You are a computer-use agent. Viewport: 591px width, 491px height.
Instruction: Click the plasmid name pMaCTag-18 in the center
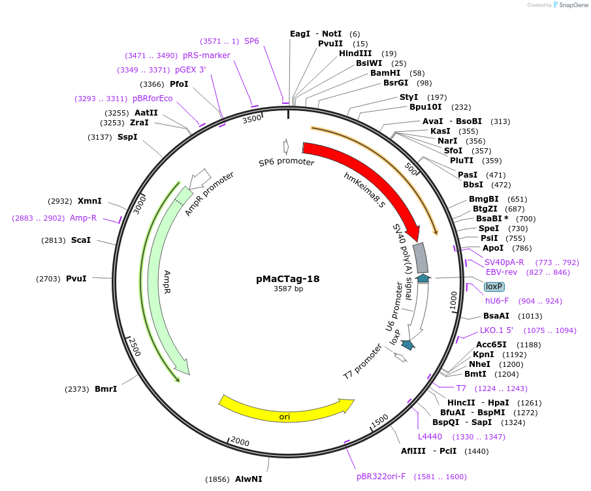click(x=288, y=278)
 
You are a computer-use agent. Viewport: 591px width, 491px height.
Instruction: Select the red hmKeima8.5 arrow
click(x=366, y=180)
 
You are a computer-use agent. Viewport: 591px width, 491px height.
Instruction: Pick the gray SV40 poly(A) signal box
click(x=422, y=258)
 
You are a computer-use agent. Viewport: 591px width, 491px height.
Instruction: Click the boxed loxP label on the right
click(x=494, y=287)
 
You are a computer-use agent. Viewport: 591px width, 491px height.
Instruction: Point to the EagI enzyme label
click(x=300, y=33)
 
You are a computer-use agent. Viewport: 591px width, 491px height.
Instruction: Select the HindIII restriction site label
click(x=355, y=54)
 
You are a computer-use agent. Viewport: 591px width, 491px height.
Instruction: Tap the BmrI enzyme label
click(x=106, y=389)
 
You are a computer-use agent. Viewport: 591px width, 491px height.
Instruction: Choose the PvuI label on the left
click(x=76, y=279)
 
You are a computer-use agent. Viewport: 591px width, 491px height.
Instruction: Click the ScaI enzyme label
click(x=81, y=240)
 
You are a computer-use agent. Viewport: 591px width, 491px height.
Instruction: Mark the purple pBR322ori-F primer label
click(x=381, y=477)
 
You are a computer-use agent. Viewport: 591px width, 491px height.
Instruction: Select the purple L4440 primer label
click(x=430, y=437)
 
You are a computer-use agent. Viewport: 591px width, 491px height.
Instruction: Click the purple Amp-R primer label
click(x=83, y=218)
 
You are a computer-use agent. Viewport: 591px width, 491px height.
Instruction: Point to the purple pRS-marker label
click(x=206, y=55)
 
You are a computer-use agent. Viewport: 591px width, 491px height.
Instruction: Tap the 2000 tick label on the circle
click(x=240, y=442)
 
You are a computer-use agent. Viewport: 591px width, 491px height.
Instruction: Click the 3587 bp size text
click(x=288, y=289)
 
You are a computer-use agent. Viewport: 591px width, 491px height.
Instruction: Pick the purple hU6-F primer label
click(x=496, y=301)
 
